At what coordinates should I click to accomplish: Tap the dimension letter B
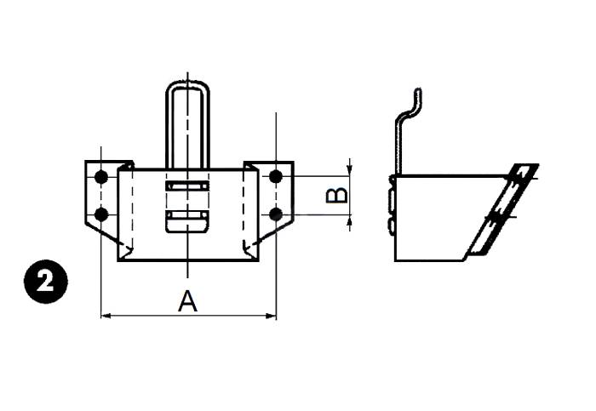pos(338,195)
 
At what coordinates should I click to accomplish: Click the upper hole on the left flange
pos(101,177)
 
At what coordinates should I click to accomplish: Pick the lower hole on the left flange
pos(101,214)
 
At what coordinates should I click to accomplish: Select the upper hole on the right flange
pos(275,177)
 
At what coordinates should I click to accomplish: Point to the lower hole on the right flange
pos(275,213)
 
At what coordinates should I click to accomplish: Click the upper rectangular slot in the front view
pos(186,186)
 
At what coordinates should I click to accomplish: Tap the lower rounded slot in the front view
pos(186,221)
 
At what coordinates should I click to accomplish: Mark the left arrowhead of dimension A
pos(106,317)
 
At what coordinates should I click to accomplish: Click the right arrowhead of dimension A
pos(272,317)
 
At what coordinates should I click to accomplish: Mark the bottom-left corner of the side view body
pos(395,260)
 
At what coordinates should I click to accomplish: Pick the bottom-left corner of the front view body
pos(118,261)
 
